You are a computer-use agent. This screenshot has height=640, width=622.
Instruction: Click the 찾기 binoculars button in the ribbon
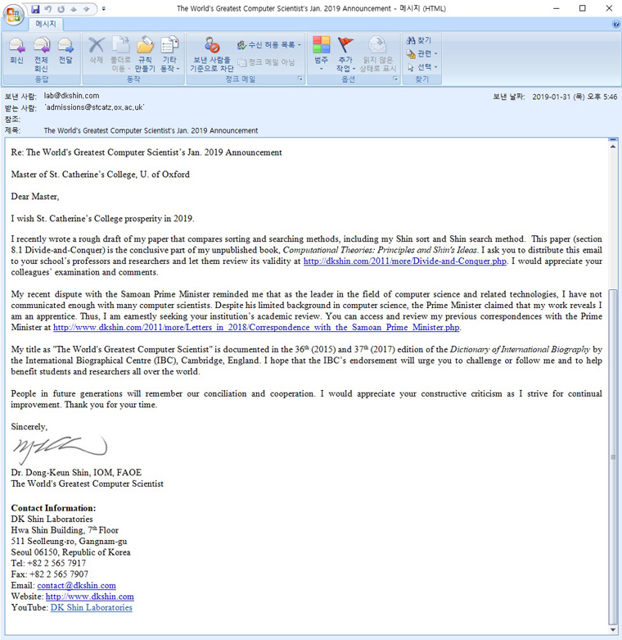tap(419, 40)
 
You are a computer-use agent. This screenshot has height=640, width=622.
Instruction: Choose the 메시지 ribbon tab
tap(44, 24)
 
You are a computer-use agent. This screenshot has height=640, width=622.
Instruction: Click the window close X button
tap(606, 8)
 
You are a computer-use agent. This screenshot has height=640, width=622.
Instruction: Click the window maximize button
tap(583, 8)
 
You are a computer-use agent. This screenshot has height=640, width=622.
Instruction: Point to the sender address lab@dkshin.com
tap(71, 96)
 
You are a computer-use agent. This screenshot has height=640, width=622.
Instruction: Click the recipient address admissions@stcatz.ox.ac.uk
tap(95, 107)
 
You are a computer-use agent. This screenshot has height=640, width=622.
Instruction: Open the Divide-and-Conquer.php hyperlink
tap(404, 261)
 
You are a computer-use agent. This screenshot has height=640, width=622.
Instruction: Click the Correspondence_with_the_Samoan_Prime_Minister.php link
tap(256, 327)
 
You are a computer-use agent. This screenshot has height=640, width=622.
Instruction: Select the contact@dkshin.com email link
tap(76, 586)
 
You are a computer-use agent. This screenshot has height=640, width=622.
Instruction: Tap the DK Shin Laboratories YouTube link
tap(91, 608)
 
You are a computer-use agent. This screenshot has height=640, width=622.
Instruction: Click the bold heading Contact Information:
tap(53, 508)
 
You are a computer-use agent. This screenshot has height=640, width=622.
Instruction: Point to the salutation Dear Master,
tap(35, 196)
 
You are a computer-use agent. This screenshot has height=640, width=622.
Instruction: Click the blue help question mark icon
tap(615, 24)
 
